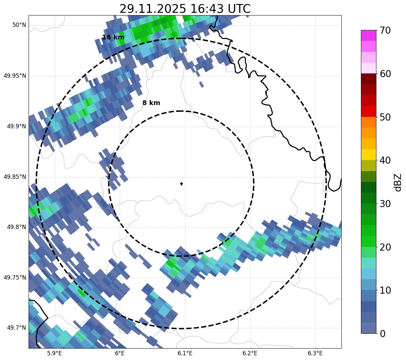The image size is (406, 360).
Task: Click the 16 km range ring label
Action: [x=113, y=37]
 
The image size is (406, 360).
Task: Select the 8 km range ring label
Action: [x=151, y=103]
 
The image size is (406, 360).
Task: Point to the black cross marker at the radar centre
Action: [x=182, y=184]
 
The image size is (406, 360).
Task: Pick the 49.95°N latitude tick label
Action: [x=15, y=76]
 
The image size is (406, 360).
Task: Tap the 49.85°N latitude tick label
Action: [x=15, y=177]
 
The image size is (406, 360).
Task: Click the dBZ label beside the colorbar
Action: [x=398, y=182]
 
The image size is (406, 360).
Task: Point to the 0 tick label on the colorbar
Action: [x=382, y=334]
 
